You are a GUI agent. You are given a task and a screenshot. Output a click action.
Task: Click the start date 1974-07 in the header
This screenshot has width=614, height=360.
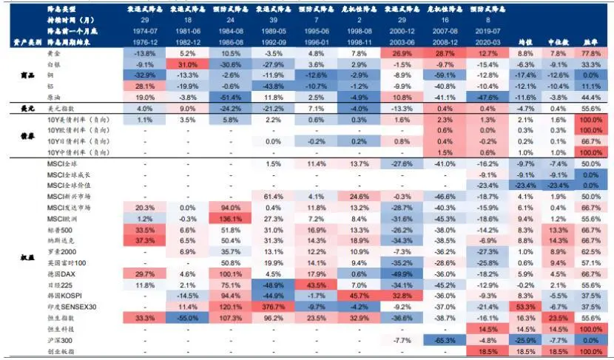click(145, 33)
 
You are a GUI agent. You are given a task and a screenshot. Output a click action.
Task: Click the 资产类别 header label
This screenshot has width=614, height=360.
click(24, 44)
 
